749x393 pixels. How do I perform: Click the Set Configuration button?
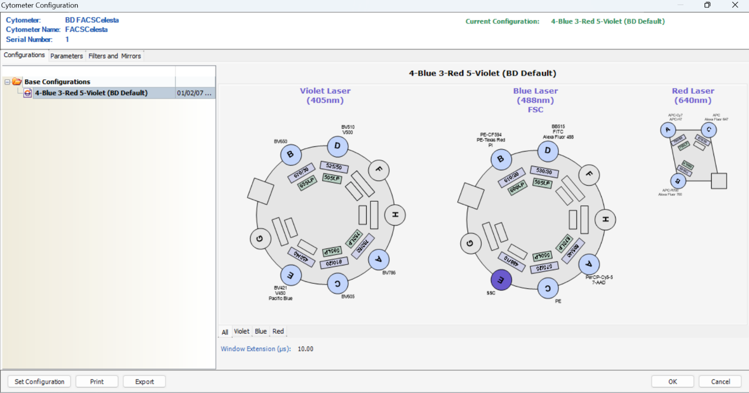click(39, 382)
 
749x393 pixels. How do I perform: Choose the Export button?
click(144, 382)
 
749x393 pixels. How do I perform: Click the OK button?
click(672, 382)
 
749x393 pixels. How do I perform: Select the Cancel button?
click(720, 382)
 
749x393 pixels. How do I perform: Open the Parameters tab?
click(66, 56)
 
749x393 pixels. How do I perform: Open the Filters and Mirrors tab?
click(115, 56)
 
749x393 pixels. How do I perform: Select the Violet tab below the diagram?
click(242, 332)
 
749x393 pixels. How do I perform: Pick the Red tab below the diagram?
click(278, 332)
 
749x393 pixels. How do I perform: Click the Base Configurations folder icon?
click(17, 82)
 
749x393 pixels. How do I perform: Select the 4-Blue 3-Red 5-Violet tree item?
click(91, 93)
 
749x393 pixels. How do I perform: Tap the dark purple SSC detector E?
click(501, 280)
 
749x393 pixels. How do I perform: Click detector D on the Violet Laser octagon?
click(338, 146)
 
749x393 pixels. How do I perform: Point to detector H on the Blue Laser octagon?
click(605, 219)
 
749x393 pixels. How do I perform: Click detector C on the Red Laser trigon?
click(709, 129)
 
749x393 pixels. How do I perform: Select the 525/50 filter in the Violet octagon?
click(334, 166)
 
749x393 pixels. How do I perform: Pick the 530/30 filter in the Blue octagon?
click(544, 171)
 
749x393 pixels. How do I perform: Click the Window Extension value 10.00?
click(305, 349)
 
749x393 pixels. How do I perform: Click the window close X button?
click(735, 5)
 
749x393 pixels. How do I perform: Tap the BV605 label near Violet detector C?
click(348, 296)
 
